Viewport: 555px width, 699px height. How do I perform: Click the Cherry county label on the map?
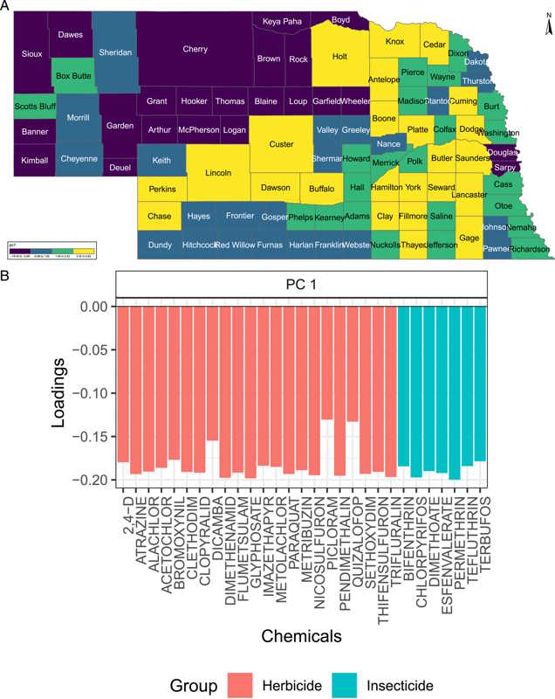[x=195, y=50]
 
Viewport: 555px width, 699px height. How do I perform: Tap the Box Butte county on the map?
[x=73, y=76]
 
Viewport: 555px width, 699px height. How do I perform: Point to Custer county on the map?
[x=281, y=144]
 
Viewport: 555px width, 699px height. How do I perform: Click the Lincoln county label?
[x=218, y=173]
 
